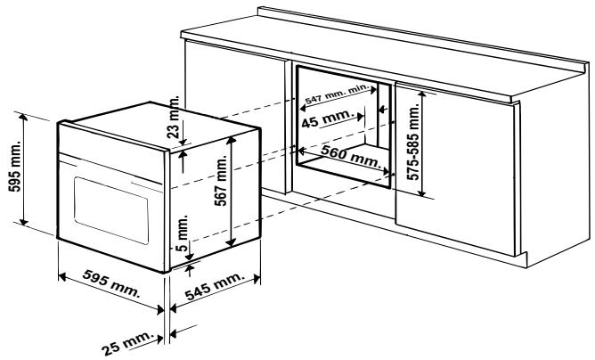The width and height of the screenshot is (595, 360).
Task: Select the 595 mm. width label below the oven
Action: click(x=105, y=282)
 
